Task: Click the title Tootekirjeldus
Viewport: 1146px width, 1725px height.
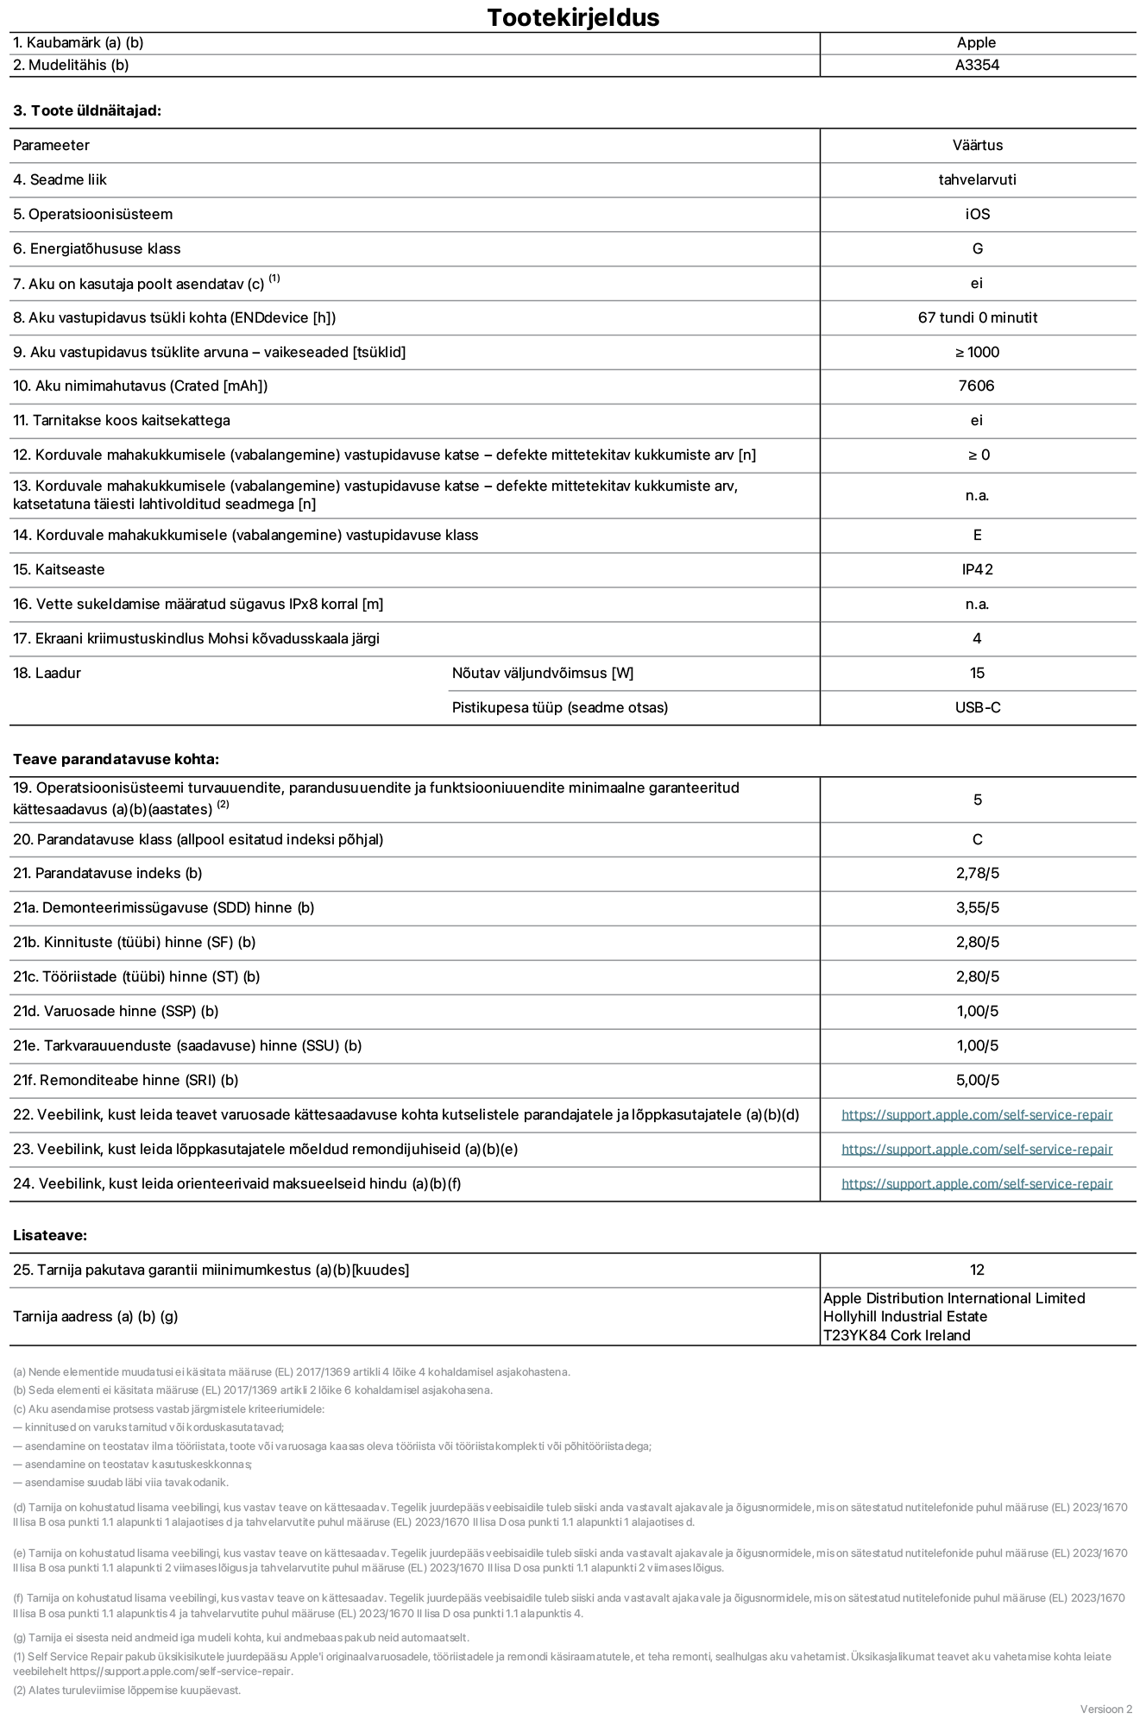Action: [573, 17]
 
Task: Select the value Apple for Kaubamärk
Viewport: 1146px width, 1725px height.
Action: [976, 42]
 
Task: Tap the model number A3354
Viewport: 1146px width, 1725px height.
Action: [977, 65]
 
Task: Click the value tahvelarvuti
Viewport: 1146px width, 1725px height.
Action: [977, 179]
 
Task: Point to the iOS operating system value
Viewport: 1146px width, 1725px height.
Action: [977, 214]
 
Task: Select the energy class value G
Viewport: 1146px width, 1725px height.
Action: [977, 248]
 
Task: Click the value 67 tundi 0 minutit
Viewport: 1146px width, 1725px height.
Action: [977, 317]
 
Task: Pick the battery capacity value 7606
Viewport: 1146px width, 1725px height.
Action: [976, 386]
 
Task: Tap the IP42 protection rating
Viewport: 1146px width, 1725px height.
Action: [977, 569]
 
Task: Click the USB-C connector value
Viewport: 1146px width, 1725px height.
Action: [977, 707]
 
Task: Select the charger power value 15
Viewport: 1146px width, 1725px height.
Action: [977, 673]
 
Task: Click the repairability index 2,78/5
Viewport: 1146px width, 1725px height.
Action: [977, 873]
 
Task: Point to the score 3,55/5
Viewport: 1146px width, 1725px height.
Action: [977, 907]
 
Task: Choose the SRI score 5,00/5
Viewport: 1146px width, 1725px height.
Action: [977, 1080]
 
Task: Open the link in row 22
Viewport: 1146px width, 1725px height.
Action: [977, 1114]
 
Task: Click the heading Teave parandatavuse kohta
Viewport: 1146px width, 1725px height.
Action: [116, 759]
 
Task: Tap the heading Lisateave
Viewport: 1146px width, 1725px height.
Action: [50, 1235]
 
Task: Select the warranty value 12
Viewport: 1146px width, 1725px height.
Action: [977, 1270]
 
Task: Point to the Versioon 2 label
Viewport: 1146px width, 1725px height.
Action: [1105, 1709]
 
